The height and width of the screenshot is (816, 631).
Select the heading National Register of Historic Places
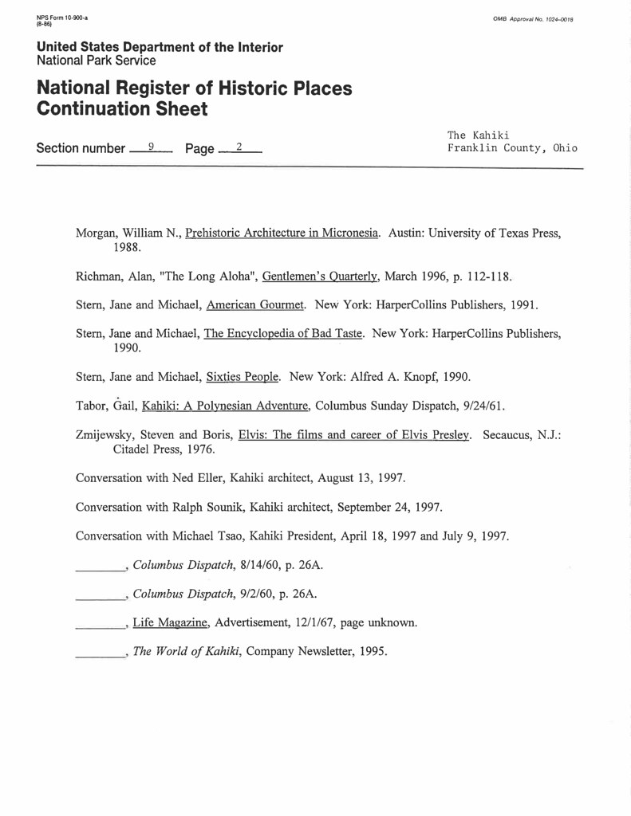tap(194, 88)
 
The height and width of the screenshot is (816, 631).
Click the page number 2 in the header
tap(238, 147)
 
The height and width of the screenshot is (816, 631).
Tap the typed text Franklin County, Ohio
tap(512, 148)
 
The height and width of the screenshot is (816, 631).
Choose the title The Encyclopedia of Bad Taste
tap(284, 334)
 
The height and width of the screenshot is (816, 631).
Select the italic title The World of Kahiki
tap(187, 652)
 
